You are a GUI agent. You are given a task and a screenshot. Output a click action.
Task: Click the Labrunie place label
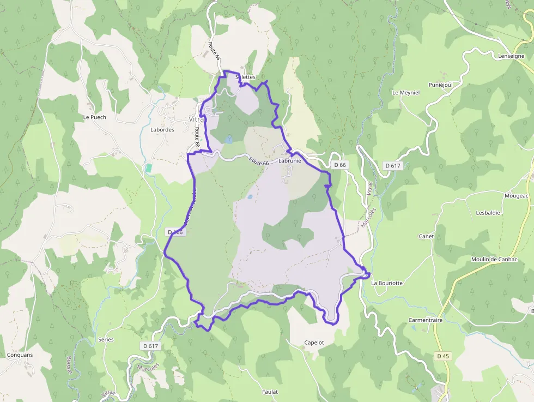[289, 161]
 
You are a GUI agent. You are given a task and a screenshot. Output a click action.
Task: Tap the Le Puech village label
[94, 117]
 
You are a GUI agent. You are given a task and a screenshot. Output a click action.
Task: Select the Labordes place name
[162, 130]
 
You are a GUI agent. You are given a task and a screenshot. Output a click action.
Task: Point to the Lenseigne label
[511, 56]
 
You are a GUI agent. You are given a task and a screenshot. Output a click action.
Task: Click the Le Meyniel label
[406, 93]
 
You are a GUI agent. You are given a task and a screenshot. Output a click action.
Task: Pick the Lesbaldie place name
[488, 213]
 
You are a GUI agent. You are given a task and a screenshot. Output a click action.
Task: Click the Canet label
[426, 237]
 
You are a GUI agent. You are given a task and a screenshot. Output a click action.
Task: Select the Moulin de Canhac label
[493, 259]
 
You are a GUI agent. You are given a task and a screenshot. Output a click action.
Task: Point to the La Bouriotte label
[387, 283]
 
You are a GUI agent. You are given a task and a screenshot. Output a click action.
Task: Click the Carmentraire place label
[426, 320]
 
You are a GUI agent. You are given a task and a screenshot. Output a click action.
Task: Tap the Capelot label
[314, 343]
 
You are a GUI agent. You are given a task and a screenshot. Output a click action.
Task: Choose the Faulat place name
[270, 392]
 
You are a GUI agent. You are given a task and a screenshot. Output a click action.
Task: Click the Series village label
[106, 339]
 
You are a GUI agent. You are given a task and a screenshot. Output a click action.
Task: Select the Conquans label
[20, 355]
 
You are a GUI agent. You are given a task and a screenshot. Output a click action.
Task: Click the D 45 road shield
[443, 356]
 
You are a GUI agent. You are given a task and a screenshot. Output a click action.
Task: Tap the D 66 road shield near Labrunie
[340, 165]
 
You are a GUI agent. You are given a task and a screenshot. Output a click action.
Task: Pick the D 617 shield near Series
[150, 346]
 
